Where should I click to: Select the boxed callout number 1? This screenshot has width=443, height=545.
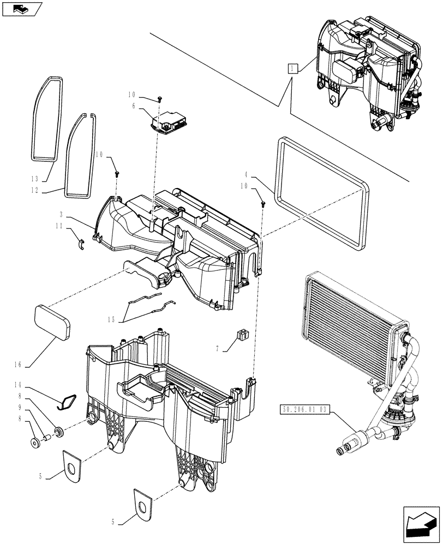coord(294,68)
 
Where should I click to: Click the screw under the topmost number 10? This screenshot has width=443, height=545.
coord(159,98)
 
